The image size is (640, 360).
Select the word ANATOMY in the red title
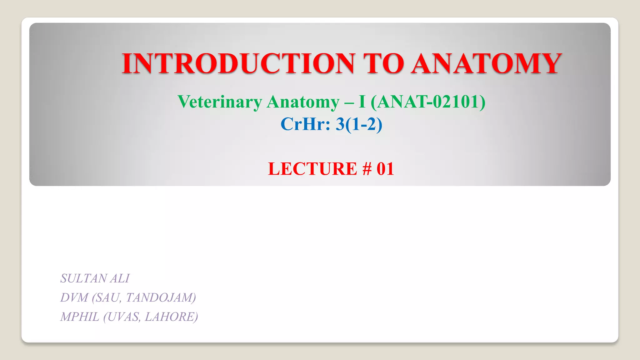(486, 63)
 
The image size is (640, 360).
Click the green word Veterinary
(220, 102)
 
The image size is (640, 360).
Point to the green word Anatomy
(303, 102)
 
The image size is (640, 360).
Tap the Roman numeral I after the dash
(362, 102)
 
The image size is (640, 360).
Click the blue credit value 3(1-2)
(359, 124)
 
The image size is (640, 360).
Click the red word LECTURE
(312, 169)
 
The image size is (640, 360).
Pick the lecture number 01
(385, 169)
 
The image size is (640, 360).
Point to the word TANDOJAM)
(161, 298)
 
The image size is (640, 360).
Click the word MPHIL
(80, 317)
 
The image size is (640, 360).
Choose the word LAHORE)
(171, 317)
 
